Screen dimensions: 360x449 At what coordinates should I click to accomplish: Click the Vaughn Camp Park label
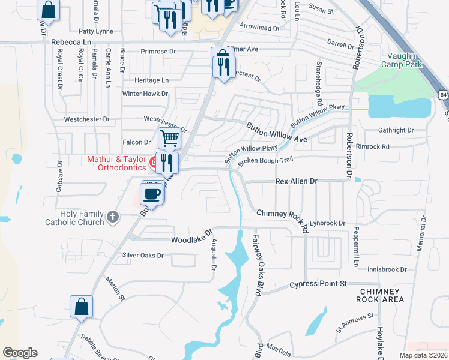point(402,59)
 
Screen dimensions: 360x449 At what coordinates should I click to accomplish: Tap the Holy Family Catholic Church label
point(74,217)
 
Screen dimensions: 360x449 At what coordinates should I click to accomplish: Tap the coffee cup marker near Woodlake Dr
point(151,194)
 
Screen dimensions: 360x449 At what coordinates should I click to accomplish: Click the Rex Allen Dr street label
point(295,181)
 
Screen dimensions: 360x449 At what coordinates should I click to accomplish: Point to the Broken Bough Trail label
point(265,161)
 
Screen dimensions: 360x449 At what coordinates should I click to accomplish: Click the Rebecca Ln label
point(71,42)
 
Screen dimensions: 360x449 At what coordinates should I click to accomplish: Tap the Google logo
point(20,353)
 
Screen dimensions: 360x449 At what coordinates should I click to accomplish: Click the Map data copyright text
point(423,355)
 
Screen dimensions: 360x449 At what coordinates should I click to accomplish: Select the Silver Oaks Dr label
point(143,255)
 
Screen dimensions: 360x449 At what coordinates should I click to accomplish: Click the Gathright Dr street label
point(396,130)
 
